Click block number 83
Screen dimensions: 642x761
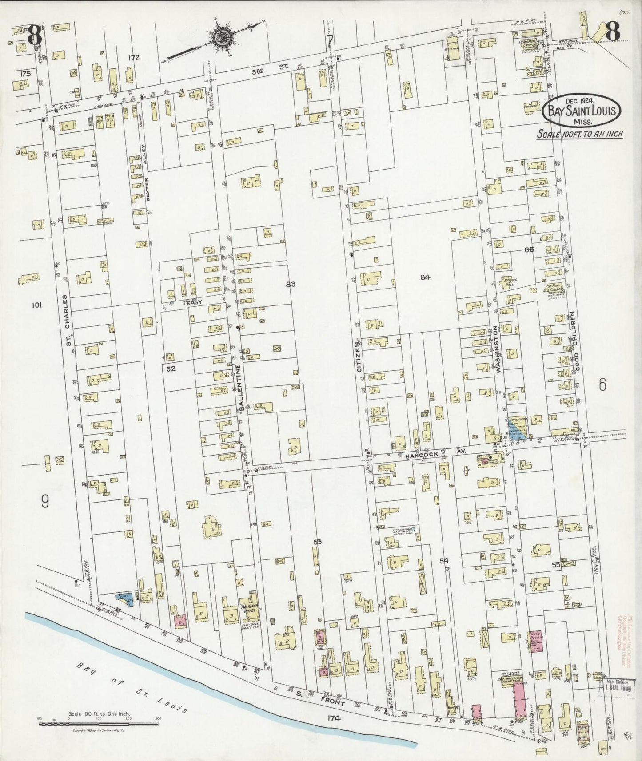coord(291,284)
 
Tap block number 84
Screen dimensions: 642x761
coord(425,278)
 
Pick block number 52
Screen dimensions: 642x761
coord(171,369)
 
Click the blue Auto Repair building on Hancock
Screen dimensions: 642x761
coord(517,427)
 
